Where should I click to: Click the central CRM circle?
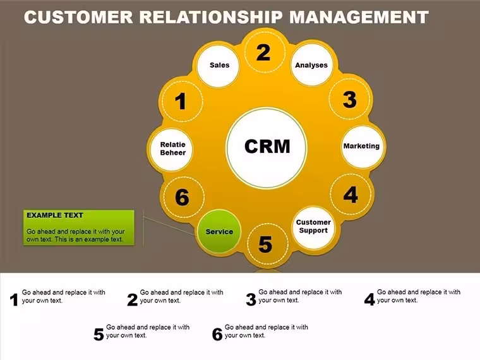click(x=267, y=147)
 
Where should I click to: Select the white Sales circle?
click(x=219, y=66)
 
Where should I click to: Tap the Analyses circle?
click(x=311, y=65)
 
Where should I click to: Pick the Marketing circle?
click(x=363, y=147)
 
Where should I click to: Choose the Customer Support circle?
click(x=313, y=227)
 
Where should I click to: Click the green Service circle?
click(x=219, y=231)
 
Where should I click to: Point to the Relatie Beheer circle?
click(x=171, y=150)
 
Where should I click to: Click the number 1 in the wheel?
click(x=181, y=101)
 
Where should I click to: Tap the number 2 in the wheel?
click(x=263, y=52)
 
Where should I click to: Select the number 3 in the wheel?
click(x=350, y=100)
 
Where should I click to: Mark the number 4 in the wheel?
click(x=351, y=195)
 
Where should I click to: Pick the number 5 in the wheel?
click(x=265, y=244)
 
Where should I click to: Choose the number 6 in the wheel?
click(x=182, y=197)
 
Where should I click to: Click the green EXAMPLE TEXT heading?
click(x=55, y=215)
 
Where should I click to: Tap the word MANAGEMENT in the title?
click(x=359, y=17)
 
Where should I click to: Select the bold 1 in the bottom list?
click(x=14, y=300)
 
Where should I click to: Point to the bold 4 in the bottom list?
click(x=369, y=299)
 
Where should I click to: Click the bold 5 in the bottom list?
click(x=99, y=335)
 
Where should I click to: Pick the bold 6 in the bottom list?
click(x=217, y=334)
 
